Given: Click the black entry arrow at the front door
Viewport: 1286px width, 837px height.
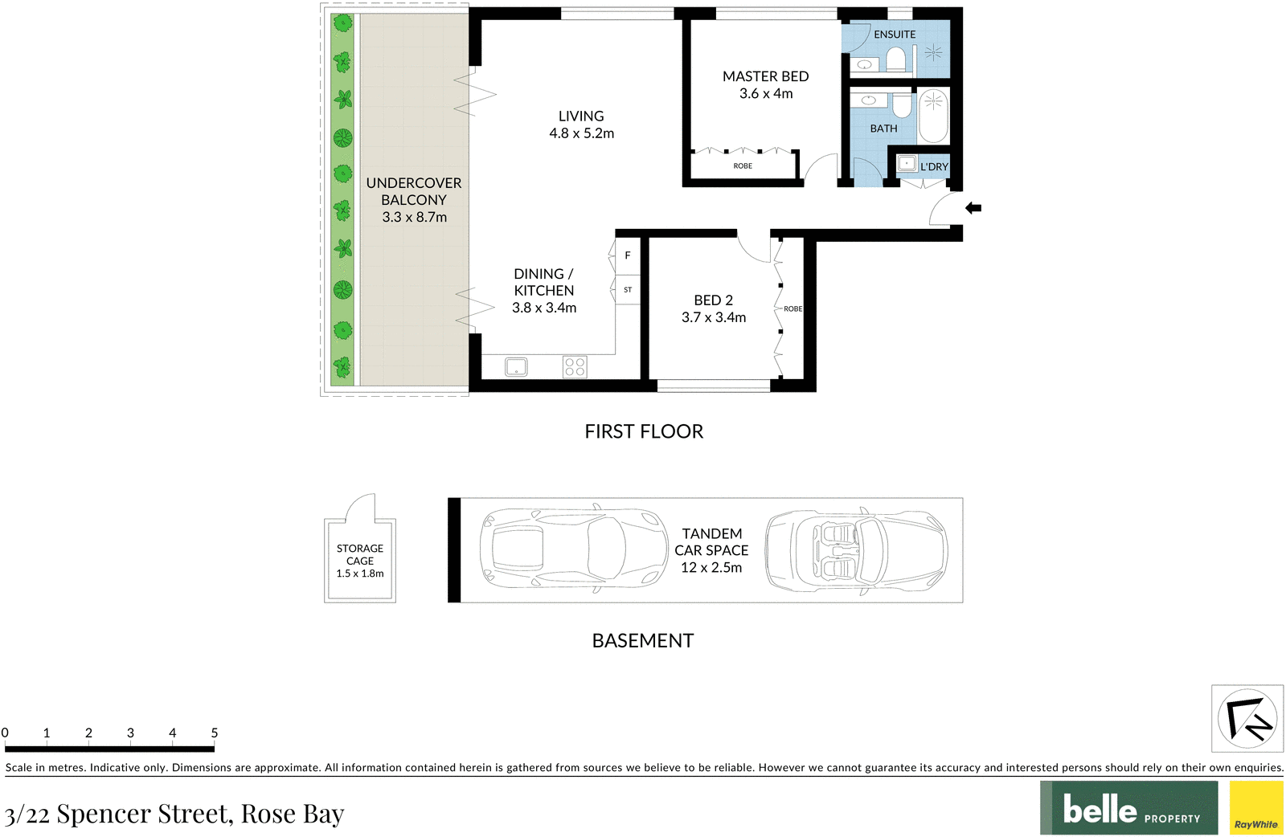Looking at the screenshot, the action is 973,208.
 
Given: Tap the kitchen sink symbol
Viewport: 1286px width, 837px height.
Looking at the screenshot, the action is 516,366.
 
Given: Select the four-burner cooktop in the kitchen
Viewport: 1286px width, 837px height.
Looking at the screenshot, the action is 575,366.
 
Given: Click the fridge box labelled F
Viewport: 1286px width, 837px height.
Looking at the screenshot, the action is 628,256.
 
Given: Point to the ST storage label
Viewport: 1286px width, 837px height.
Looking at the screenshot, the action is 628,290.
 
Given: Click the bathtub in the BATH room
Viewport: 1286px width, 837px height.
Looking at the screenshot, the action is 933,116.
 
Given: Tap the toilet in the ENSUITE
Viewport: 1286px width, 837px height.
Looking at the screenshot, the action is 895,59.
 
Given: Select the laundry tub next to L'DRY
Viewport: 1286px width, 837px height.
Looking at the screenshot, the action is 907,164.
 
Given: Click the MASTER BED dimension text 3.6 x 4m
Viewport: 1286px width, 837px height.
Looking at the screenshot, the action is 766,93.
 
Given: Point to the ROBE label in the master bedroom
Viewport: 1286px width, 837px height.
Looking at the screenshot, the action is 743,165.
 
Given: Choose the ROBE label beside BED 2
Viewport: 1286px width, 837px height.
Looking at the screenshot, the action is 792,308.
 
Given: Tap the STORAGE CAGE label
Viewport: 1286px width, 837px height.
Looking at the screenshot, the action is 360,555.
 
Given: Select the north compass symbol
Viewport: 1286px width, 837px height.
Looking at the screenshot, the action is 1247,718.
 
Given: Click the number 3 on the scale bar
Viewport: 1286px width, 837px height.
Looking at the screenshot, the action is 130,733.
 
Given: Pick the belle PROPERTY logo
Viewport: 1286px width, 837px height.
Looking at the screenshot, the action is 1128,808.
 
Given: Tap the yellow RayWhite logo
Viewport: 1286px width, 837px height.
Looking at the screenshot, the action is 1256,808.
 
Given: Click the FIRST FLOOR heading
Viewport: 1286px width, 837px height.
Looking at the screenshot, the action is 644,431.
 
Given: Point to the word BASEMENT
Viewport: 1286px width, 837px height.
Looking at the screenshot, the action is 643,641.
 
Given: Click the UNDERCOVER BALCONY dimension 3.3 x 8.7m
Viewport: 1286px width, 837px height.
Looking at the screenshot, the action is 415,217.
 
